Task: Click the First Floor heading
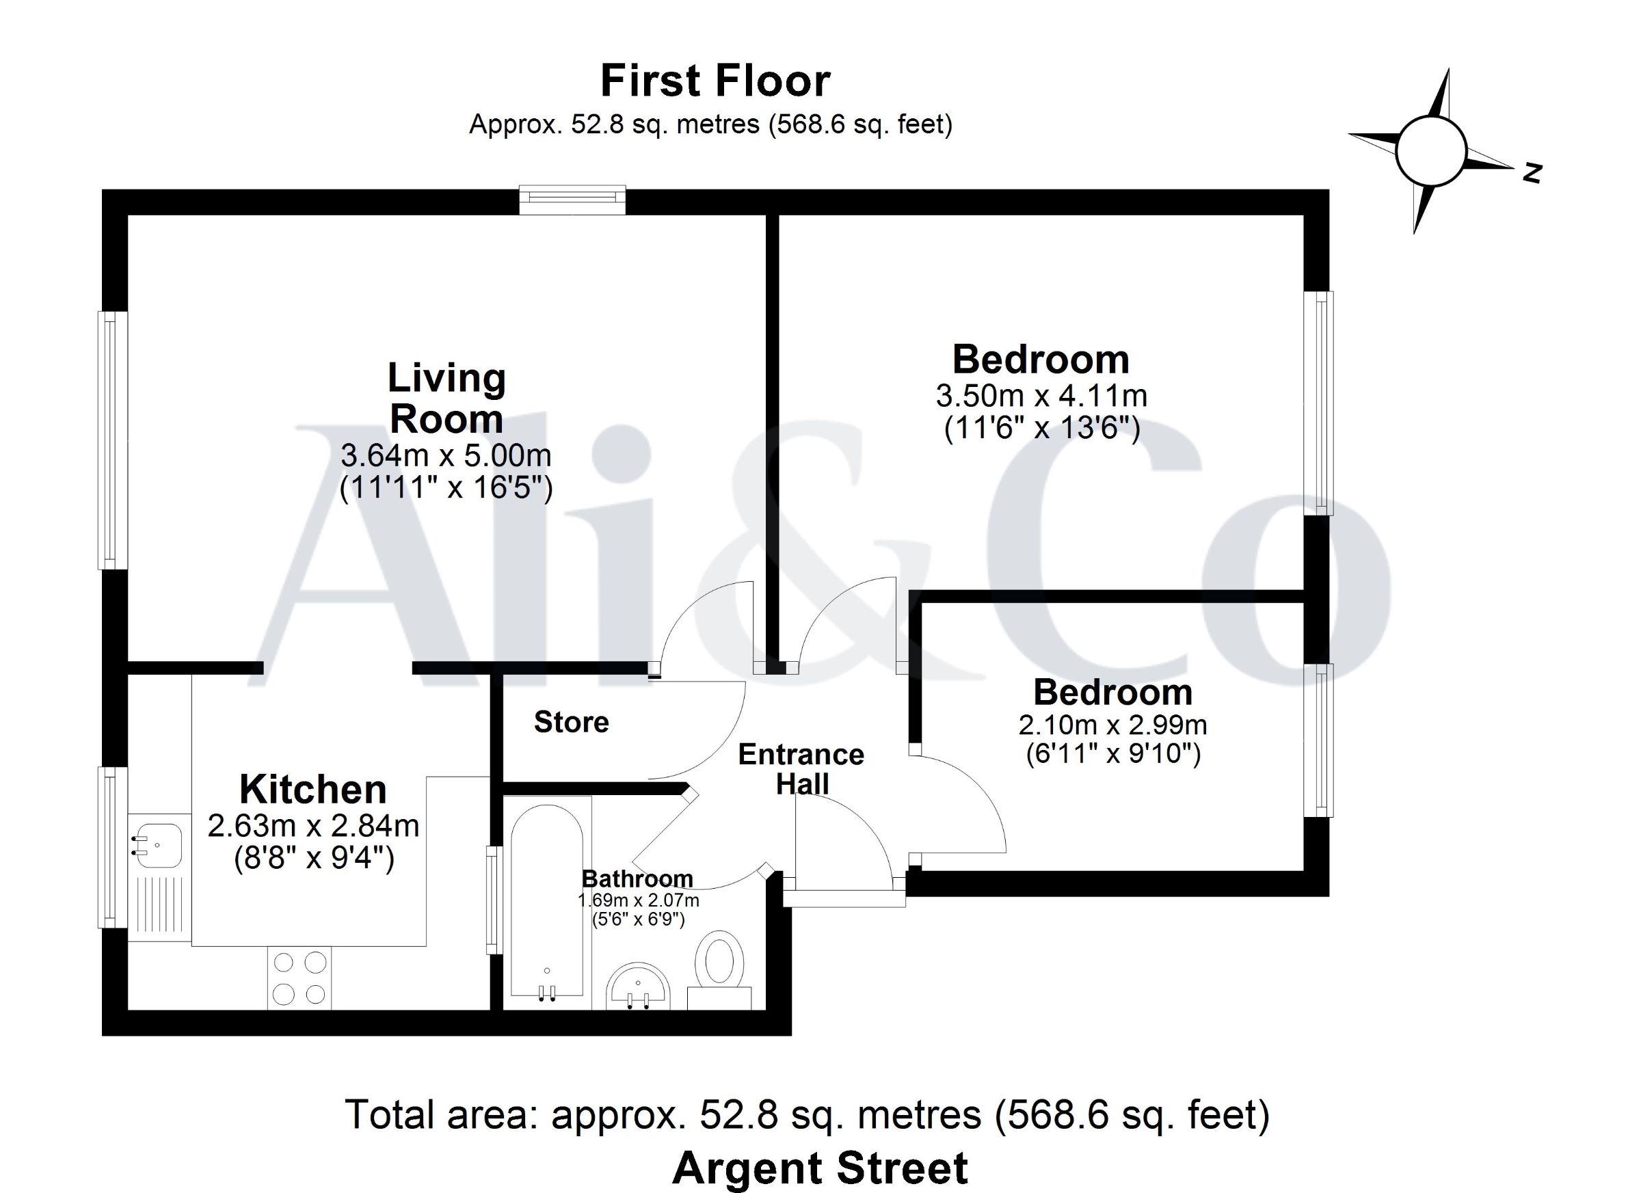(715, 81)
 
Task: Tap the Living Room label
(446, 398)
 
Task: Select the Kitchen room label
(312, 790)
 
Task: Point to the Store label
(572, 722)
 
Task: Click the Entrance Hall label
(801, 769)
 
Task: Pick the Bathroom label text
(637, 879)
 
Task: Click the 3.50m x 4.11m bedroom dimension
(1042, 396)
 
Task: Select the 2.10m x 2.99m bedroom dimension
(1113, 724)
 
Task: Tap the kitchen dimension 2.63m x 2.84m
(313, 825)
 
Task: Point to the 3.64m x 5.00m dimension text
(446, 455)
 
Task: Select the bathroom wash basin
(638, 986)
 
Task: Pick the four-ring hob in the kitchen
(299, 978)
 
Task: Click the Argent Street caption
(820, 1168)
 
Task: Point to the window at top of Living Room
(572, 200)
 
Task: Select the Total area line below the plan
(808, 1115)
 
